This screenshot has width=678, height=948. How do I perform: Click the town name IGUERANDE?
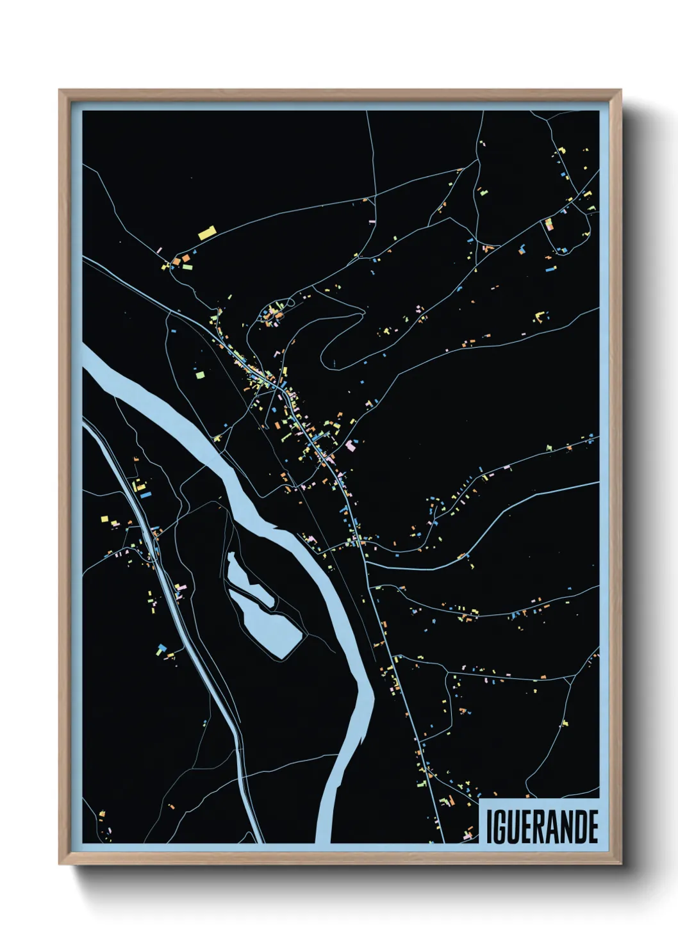pyautogui.click(x=542, y=827)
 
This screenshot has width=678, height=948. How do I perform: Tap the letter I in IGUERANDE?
pyautogui.click(x=489, y=827)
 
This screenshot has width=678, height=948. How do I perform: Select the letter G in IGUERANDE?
pyautogui.click(x=499, y=827)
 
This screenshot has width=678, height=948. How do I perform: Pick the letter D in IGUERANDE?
pyautogui.click(x=579, y=827)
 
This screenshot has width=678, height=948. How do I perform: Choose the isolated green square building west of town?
pyautogui.click(x=200, y=374)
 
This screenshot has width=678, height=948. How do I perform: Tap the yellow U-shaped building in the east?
pyautogui.click(x=540, y=316)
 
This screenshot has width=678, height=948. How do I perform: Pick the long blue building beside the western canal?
pyautogui.click(x=145, y=494)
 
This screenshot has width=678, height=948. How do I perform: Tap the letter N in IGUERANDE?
pyautogui.click(x=566, y=827)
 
